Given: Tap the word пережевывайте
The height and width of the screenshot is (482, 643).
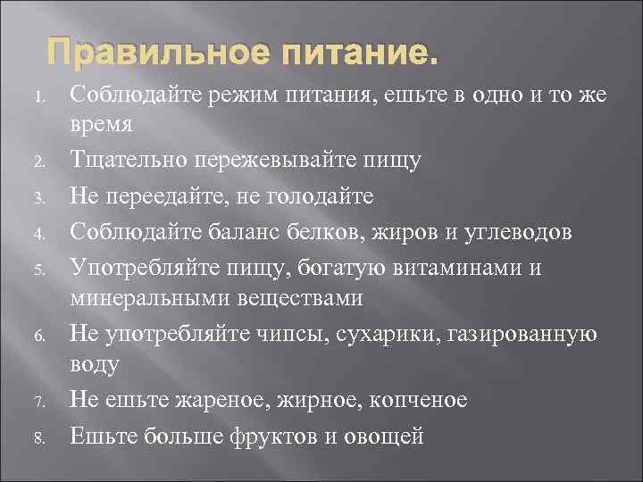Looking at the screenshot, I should [x=274, y=161].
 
